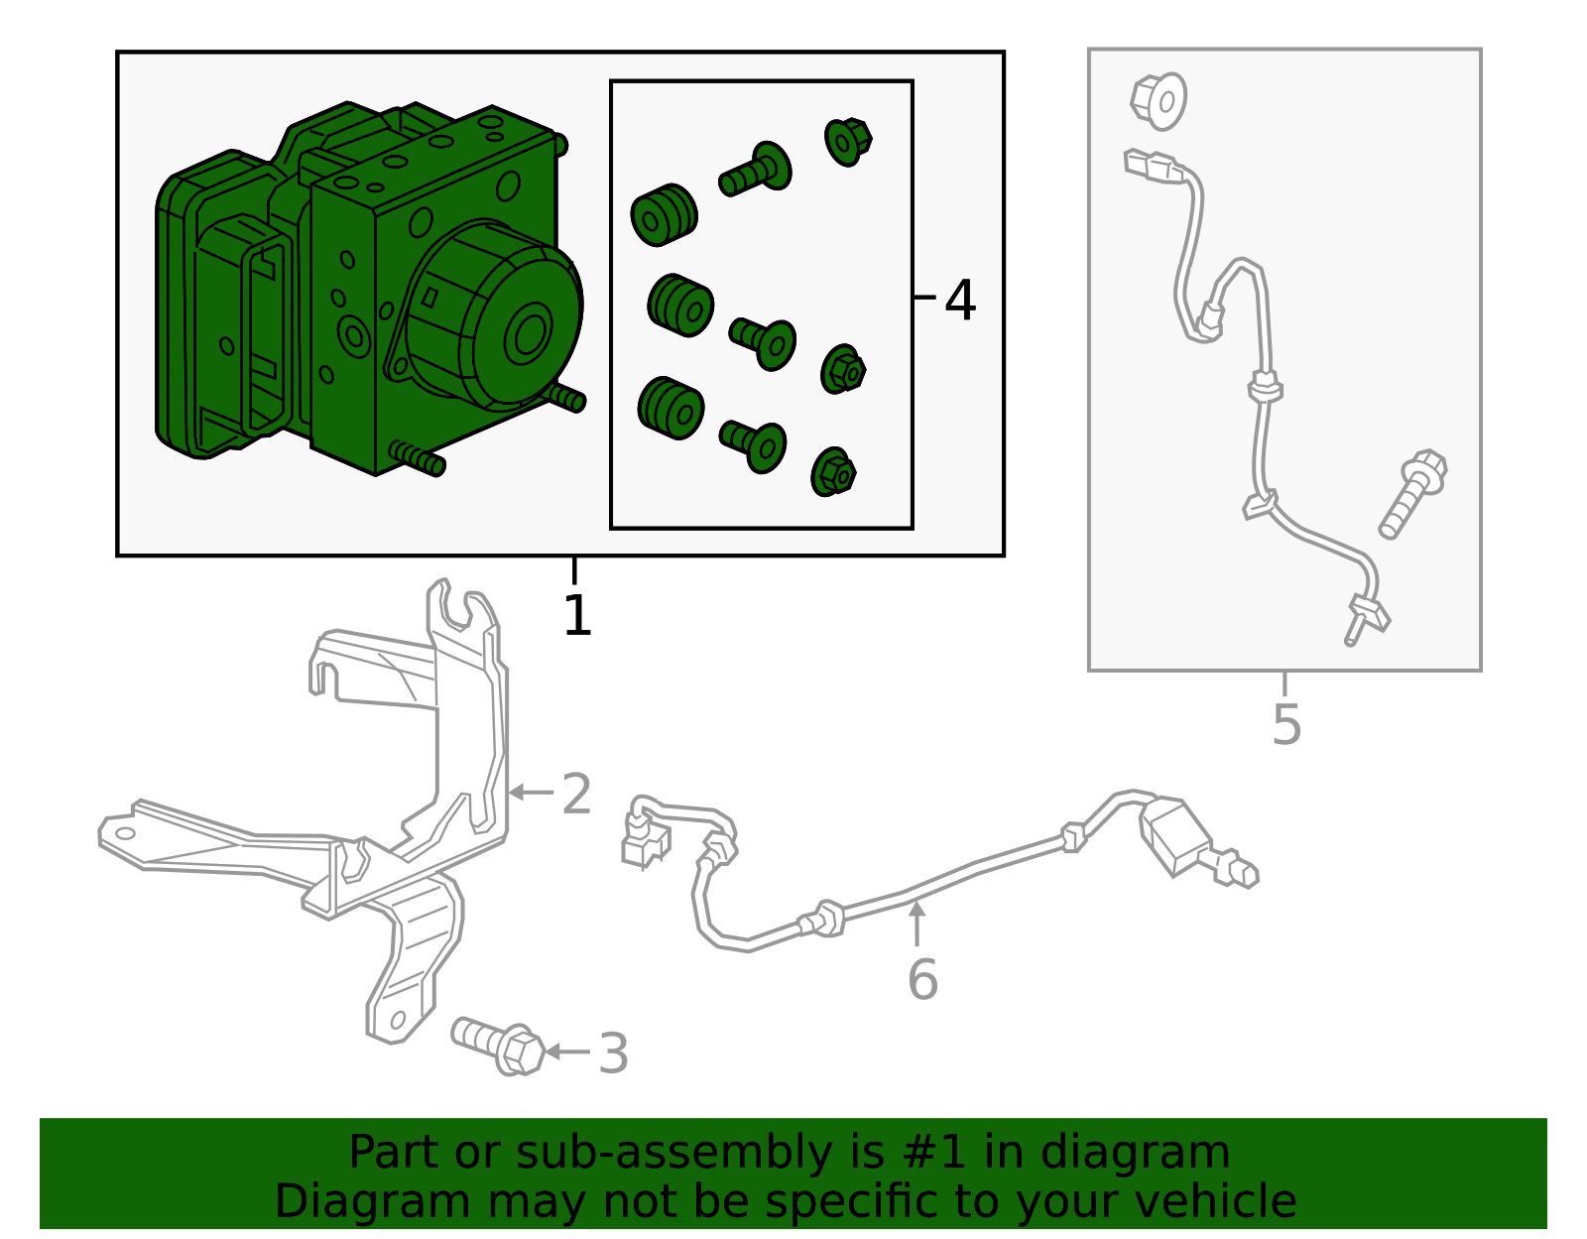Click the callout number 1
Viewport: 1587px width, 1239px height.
(x=577, y=615)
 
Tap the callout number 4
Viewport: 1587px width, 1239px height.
(x=960, y=300)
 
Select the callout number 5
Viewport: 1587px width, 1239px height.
(x=1286, y=724)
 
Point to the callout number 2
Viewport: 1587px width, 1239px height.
(x=576, y=794)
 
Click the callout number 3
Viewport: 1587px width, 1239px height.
(x=613, y=1053)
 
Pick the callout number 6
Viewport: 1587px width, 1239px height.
(x=922, y=979)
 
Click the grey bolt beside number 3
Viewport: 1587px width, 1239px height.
(x=497, y=1047)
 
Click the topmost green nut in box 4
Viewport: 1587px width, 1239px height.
(x=847, y=142)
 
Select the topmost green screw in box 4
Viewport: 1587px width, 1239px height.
(x=755, y=170)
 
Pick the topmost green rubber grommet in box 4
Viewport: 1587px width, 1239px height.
(x=664, y=214)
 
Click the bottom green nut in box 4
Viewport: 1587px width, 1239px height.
(x=832, y=472)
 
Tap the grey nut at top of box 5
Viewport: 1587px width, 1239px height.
(x=1159, y=101)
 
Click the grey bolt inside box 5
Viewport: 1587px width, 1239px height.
(x=1412, y=494)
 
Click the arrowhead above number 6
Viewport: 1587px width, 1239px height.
(x=916, y=909)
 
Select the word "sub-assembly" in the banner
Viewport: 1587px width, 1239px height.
(x=673, y=1152)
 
